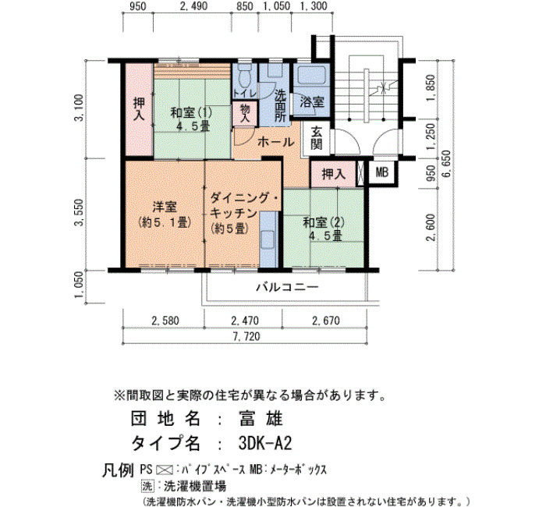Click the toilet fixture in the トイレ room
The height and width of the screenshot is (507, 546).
(x=245, y=76)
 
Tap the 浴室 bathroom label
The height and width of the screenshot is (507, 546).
(x=312, y=102)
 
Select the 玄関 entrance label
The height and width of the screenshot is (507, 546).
(x=316, y=138)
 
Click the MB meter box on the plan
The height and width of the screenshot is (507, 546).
(x=382, y=172)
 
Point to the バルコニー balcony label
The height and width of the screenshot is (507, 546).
(x=288, y=287)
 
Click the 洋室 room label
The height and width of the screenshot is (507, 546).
(x=165, y=207)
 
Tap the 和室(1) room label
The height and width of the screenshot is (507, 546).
(x=191, y=113)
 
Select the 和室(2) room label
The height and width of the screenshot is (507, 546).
(x=324, y=222)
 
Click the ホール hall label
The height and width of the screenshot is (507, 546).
(x=276, y=142)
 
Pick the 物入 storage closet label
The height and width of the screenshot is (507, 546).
(x=245, y=113)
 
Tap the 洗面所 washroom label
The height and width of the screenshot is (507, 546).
(x=280, y=105)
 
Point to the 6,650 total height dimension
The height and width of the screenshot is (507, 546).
(x=445, y=164)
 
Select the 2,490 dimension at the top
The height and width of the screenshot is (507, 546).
(x=194, y=6)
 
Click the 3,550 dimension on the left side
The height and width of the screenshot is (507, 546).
(x=79, y=212)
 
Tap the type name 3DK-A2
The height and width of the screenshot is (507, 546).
(x=265, y=444)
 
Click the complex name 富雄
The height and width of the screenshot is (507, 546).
(x=261, y=418)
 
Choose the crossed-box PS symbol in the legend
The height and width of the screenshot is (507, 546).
(x=165, y=470)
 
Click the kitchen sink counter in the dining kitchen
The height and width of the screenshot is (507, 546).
(x=269, y=239)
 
